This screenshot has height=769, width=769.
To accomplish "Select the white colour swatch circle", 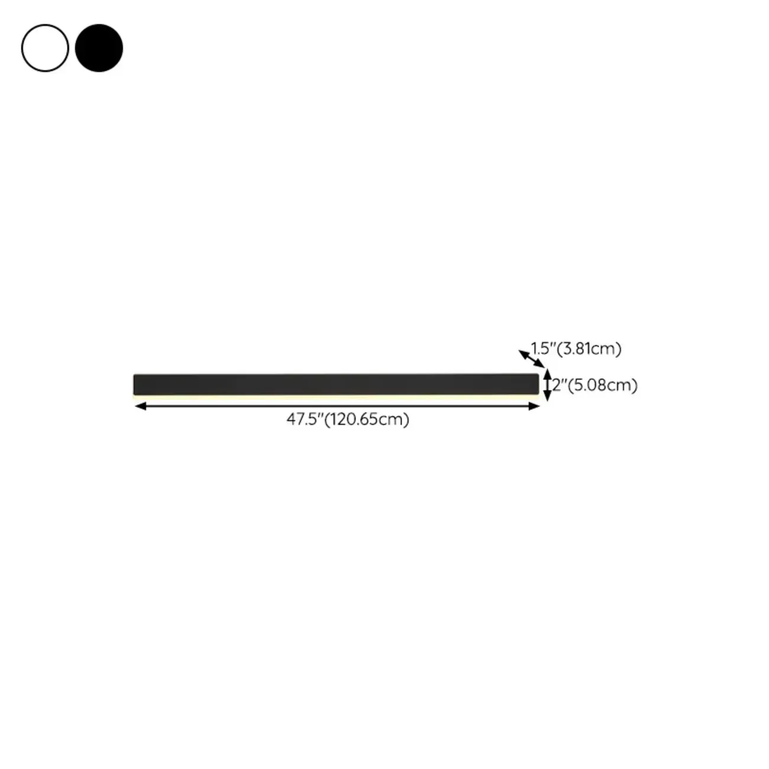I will coord(45,48).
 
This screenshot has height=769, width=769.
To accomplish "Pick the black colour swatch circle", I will coord(99,48).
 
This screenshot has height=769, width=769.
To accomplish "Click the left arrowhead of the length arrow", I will coord(140,406).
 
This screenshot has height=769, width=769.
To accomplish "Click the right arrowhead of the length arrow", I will coord(535,406).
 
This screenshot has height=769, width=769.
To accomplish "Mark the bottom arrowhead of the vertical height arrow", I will coord(548,398).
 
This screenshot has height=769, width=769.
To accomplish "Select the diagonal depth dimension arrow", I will coord(532,359).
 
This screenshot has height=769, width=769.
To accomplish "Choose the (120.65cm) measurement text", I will coord(367,419).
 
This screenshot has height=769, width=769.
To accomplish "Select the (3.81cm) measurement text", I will coord(589,348).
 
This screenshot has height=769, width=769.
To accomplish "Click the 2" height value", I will coord(557,385).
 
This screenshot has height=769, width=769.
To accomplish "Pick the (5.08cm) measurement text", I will coord(602,385).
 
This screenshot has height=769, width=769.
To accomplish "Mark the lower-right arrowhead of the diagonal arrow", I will coord(541,366).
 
